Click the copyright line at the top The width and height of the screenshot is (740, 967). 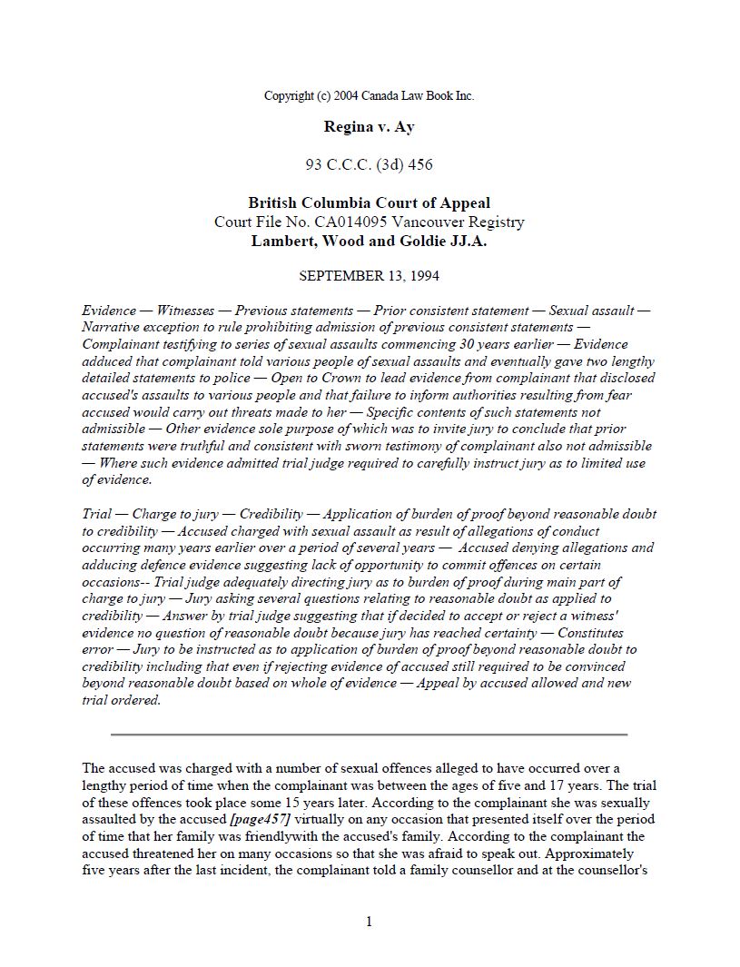coord(369,95)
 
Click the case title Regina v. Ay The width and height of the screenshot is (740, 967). coord(369,127)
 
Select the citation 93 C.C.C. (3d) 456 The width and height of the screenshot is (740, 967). coord(369,164)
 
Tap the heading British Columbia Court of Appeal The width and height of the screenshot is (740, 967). coord(369,203)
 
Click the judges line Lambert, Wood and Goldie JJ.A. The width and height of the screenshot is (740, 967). coord(369,241)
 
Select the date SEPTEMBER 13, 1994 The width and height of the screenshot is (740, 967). coord(369,275)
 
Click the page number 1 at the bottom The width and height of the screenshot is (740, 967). coord(369,923)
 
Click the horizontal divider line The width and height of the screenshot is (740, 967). coord(369,734)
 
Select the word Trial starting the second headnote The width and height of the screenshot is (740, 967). coord(97,514)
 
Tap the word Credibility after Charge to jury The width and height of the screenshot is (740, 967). coord(271,514)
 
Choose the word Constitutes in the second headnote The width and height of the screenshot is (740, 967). coord(589,633)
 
